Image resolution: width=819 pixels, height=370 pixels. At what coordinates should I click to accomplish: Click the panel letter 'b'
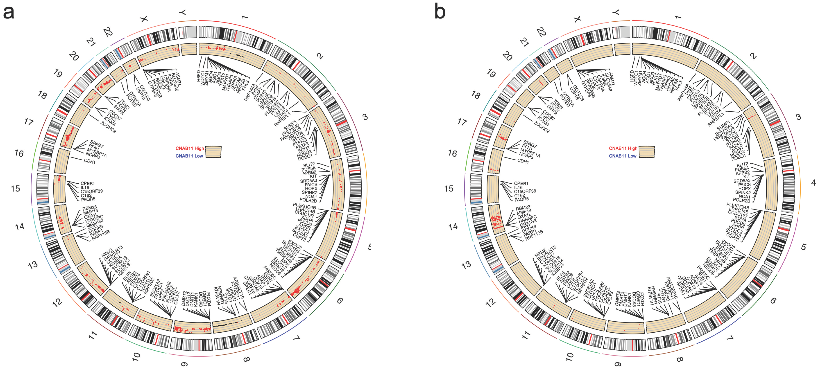pyautogui.click(x=440, y=13)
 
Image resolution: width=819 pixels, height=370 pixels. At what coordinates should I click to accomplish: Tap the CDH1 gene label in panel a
pyautogui.click(x=90, y=161)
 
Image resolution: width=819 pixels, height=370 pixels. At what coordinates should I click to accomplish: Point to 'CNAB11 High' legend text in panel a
pyautogui.click(x=189, y=148)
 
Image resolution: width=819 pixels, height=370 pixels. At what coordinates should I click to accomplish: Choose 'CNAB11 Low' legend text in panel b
pyautogui.click(x=622, y=156)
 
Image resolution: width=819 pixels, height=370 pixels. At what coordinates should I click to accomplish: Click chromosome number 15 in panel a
pyautogui.click(x=15, y=189)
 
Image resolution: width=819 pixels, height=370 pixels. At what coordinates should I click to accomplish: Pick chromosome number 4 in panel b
pyautogui.click(x=813, y=183)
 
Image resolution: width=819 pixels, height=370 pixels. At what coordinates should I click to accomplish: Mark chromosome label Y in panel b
pyautogui.click(x=616, y=13)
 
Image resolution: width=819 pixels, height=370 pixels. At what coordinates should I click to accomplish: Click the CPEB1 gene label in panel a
pyautogui.click(x=87, y=184)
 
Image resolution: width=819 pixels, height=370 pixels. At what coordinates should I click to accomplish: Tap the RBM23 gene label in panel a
pyautogui.click(x=89, y=208)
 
